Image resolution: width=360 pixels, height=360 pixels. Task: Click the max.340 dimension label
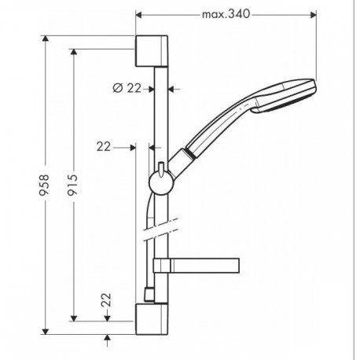(226, 14)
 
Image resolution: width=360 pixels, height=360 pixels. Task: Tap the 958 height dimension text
(44, 185)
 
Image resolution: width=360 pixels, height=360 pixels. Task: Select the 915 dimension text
(72, 185)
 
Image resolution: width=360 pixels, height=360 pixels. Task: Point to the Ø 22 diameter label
(127, 88)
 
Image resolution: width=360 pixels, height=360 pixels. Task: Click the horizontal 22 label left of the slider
(104, 147)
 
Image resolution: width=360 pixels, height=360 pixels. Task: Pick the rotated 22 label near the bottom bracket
(106, 300)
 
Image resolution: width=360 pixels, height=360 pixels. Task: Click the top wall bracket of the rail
(152, 51)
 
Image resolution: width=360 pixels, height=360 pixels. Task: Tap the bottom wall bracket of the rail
(152, 319)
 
